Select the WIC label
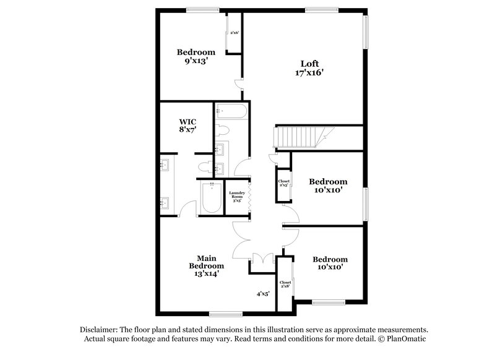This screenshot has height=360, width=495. pyautogui.click(x=187, y=121)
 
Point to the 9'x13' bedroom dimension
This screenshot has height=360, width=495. pyautogui.click(x=196, y=61)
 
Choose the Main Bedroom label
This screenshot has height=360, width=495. pyautogui.click(x=206, y=262)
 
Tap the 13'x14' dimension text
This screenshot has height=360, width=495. pyautogui.click(x=206, y=272)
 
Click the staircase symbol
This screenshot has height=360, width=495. pyautogui.click(x=303, y=136)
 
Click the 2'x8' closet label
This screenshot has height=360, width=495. pyautogui.click(x=285, y=285)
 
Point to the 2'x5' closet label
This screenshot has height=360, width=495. pyautogui.click(x=284, y=183)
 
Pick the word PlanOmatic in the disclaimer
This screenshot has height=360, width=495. pyautogui.click(x=405, y=340)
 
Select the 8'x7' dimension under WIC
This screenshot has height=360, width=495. pyautogui.click(x=187, y=131)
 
